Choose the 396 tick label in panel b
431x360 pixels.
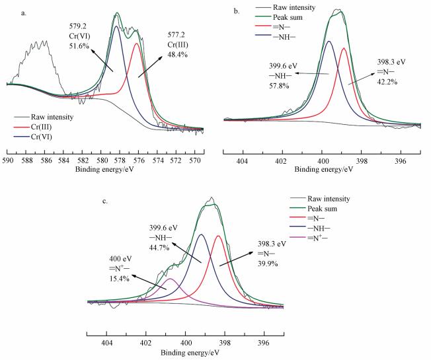(x=399, y=161)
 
